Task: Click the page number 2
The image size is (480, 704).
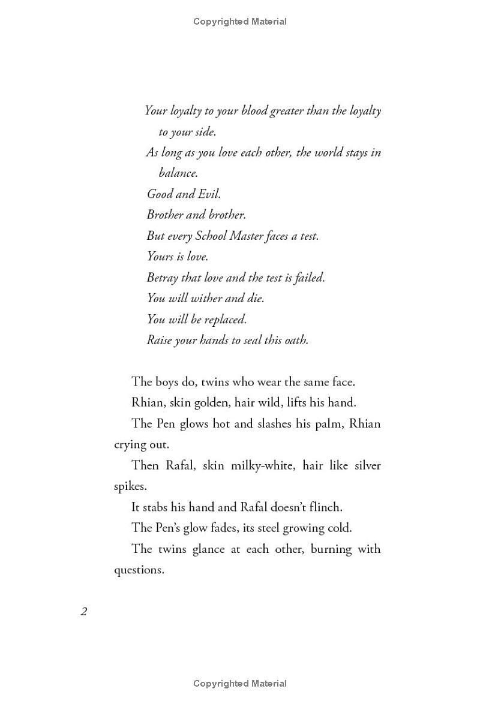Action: [x=83, y=612]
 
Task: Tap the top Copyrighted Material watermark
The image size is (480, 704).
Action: [x=240, y=22]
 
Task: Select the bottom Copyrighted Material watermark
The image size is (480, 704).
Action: [x=240, y=683]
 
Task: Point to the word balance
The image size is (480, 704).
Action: [x=178, y=173]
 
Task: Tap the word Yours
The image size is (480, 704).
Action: [x=160, y=257]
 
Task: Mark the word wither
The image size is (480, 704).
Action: [x=207, y=298]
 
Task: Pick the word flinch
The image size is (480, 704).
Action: [x=325, y=507]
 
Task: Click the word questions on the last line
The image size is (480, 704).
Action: [x=139, y=570]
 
